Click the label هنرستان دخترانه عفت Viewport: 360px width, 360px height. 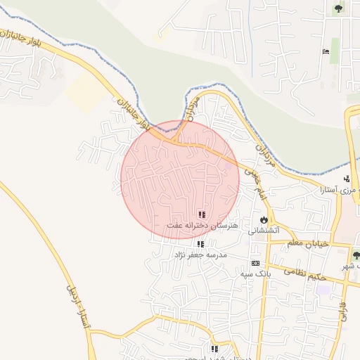202,226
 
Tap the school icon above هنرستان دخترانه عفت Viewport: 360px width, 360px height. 202,214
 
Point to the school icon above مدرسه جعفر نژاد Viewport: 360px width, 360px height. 201,244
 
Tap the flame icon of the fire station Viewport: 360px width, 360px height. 264,219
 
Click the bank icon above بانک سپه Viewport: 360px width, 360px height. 255,262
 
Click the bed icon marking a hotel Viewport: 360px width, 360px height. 325,52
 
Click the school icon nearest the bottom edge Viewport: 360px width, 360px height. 214,349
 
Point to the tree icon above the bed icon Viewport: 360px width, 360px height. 338,9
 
